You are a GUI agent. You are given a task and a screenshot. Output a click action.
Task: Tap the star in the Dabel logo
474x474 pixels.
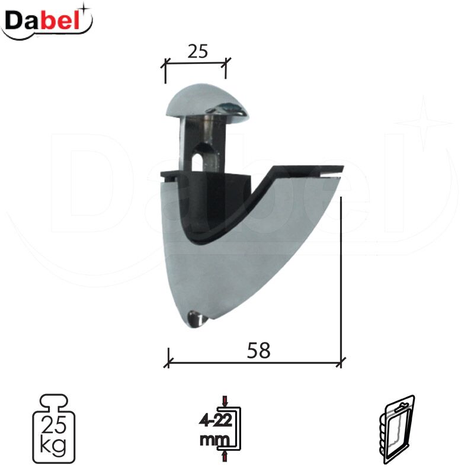[85, 9]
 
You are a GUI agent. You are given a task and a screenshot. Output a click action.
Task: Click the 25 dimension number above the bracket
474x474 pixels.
[198, 52]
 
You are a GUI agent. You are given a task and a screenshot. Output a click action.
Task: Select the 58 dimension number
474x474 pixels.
[258, 350]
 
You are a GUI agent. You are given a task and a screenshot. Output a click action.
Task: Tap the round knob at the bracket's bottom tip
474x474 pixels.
[196, 319]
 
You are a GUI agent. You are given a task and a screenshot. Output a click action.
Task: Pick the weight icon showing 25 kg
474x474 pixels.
[54, 428]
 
